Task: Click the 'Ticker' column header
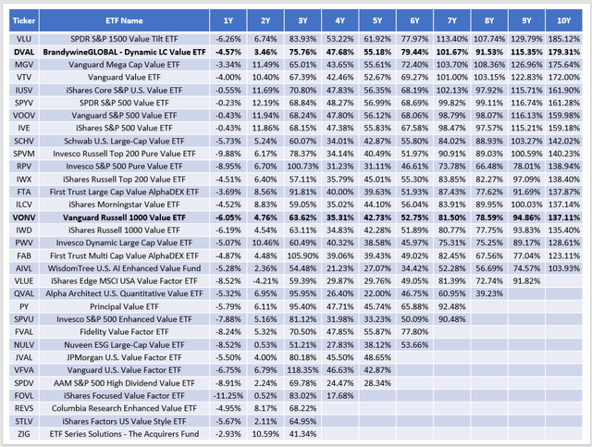point(23,19)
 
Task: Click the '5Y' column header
point(377,19)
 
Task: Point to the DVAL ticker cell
point(23,53)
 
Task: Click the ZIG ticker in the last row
point(23,433)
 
